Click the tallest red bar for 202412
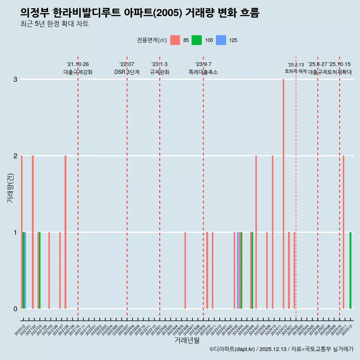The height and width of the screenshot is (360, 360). tap(283, 193)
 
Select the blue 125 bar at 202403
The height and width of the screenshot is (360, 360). tap(238, 270)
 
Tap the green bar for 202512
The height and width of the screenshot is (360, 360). tap(351, 270)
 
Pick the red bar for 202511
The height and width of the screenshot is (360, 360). tap(343, 232)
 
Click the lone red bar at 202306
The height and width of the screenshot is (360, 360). tap(185, 270)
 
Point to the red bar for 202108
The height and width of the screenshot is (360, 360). tap(65, 232)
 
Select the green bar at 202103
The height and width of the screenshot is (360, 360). tap(40, 270)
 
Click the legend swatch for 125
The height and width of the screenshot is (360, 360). tap(222, 40)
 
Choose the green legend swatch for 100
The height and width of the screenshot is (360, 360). tap(196, 40)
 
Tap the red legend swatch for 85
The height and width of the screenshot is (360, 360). tap(175, 40)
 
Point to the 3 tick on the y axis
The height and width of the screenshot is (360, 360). tap(15, 79)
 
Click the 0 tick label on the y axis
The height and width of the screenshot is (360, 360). tap(15, 309)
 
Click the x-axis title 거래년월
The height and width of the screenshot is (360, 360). tap(187, 340)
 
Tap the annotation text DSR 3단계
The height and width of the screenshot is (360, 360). tap(127, 72)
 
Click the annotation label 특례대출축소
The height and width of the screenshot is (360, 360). tap(203, 72)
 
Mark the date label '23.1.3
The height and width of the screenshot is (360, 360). tap(159, 64)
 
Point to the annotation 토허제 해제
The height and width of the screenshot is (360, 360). tap(296, 71)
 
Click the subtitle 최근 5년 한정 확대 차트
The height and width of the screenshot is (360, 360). tap(54, 24)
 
